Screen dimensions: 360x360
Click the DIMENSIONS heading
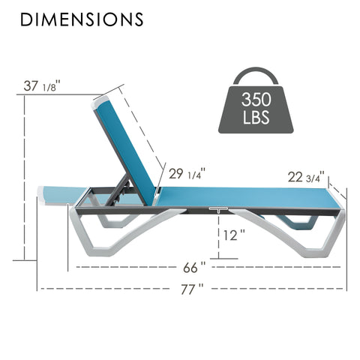pyautogui.click(x=82, y=19)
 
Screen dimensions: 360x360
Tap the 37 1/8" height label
pyautogui.click(x=42, y=85)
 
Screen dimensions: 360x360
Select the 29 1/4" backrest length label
pyautogui.click(x=187, y=173)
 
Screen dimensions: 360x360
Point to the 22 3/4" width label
pyautogui.click(x=306, y=177)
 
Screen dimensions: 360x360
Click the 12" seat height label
pyautogui.click(x=234, y=235)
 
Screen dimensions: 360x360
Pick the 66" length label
pyautogui.click(x=194, y=268)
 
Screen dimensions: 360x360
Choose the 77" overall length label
pyautogui.click(x=192, y=289)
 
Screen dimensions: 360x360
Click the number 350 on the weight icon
pyautogui.click(x=256, y=99)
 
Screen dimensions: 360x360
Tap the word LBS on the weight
pyautogui.click(x=256, y=117)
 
